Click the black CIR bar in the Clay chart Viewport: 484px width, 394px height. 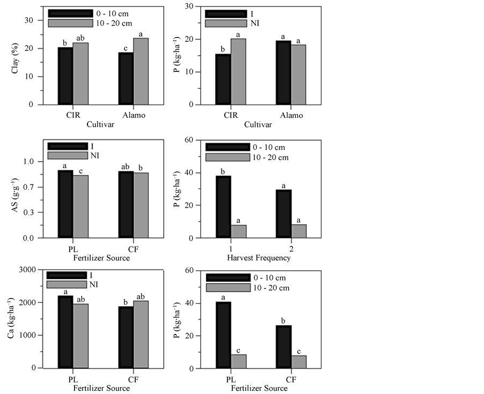tap(65, 76)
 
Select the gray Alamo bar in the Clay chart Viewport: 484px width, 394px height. tap(141, 71)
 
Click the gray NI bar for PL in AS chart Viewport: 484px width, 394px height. tap(80, 206)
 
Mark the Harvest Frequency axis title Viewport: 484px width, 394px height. tap(259, 258)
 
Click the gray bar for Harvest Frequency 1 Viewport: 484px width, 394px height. tap(238, 231)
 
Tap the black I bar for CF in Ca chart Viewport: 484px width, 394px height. tap(126, 337)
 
